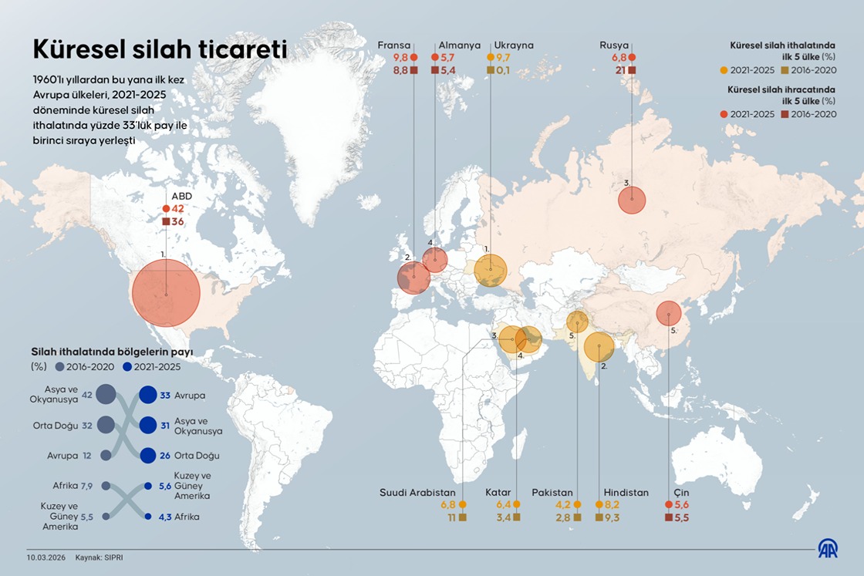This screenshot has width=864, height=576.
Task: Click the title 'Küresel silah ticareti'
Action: coord(160,49)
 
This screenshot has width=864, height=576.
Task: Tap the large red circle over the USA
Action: coord(166,292)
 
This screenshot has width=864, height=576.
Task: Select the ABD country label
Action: coord(181,196)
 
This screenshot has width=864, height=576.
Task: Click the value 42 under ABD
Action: coord(177,209)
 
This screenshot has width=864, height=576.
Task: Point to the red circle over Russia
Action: coord(632,201)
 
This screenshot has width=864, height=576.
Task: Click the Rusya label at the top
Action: coord(614,45)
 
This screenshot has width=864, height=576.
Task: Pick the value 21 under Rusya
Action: coord(619,71)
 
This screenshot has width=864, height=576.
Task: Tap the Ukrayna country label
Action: coord(514,45)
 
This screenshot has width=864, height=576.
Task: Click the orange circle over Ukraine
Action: coord(491,271)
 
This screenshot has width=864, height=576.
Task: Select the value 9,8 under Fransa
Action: coord(400,58)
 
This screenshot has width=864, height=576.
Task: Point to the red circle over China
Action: coord(668,313)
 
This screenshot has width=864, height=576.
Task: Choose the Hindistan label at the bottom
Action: coord(626,492)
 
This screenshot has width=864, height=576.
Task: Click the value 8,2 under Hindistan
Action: coord(614,504)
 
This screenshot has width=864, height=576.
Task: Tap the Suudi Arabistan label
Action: coord(417,492)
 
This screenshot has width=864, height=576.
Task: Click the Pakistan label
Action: coord(552,492)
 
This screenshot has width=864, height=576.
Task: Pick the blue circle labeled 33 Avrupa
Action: coord(148,396)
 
